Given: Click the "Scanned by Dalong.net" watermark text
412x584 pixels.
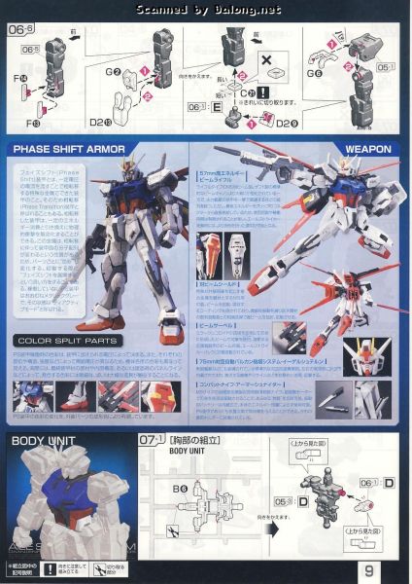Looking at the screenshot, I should (x=206, y=10).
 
